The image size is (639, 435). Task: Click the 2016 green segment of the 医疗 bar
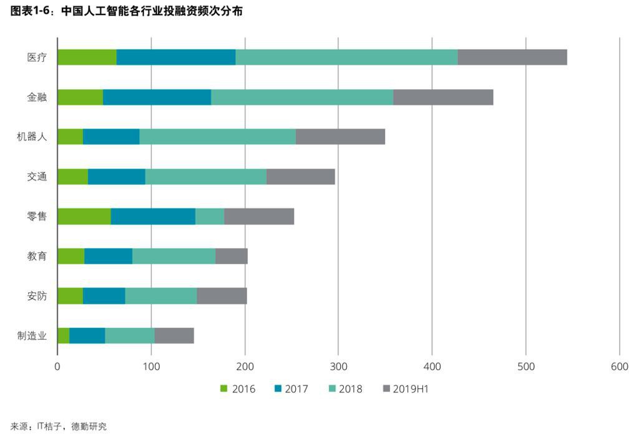[87, 57]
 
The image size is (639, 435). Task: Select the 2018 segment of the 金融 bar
[302, 97]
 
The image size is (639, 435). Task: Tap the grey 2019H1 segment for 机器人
[340, 136]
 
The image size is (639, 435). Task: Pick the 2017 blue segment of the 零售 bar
[153, 216]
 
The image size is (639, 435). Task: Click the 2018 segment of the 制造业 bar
[130, 335]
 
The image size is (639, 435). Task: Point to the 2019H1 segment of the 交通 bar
[300, 176]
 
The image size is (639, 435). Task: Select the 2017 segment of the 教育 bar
[108, 256]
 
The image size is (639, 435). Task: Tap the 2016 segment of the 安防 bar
[70, 296]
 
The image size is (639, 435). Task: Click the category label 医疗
[37, 57]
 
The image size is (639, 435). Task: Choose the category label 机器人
[32, 137]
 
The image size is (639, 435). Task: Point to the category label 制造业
[32, 336]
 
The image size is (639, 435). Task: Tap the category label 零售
[37, 217]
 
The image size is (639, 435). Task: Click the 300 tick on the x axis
[338, 367]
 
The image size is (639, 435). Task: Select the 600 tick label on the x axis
[619, 367]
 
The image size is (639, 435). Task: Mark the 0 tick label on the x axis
[57, 367]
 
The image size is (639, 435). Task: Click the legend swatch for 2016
[224, 389]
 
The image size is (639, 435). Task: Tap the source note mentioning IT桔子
[59, 426]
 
